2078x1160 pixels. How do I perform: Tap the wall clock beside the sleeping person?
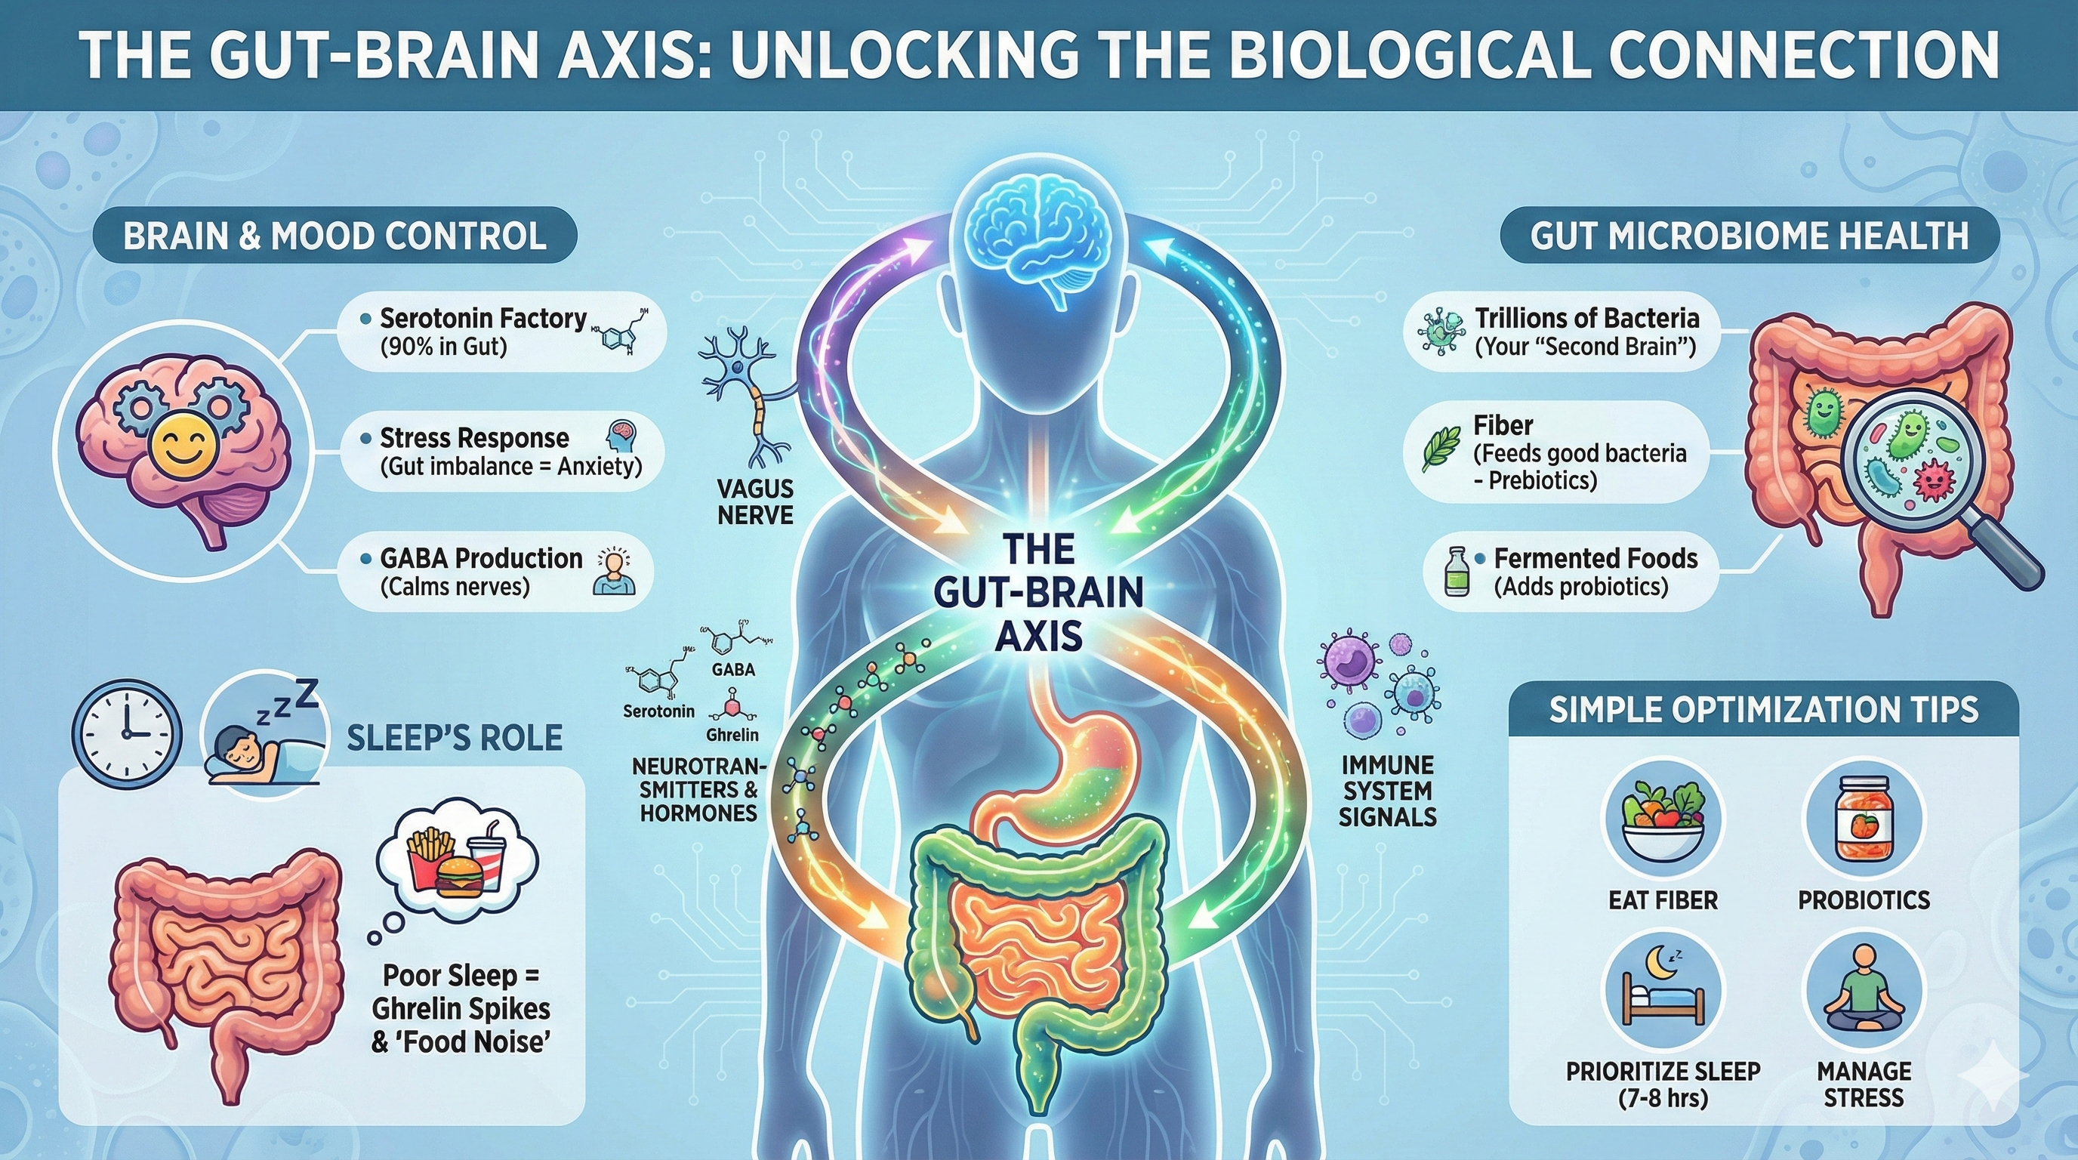click(127, 733)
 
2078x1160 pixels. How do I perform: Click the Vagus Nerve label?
click(755, 501)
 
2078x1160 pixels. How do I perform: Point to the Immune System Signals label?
click(1388, 791)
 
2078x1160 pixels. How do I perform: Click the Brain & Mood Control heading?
click(335, 236)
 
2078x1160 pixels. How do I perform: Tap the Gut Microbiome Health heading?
click(1749, 236)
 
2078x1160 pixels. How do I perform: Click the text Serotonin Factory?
click(483, 318)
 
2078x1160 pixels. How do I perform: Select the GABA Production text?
click(481, 558)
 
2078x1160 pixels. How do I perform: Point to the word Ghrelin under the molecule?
click(732, 735)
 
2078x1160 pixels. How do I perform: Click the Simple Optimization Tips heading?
click(1763, 710)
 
